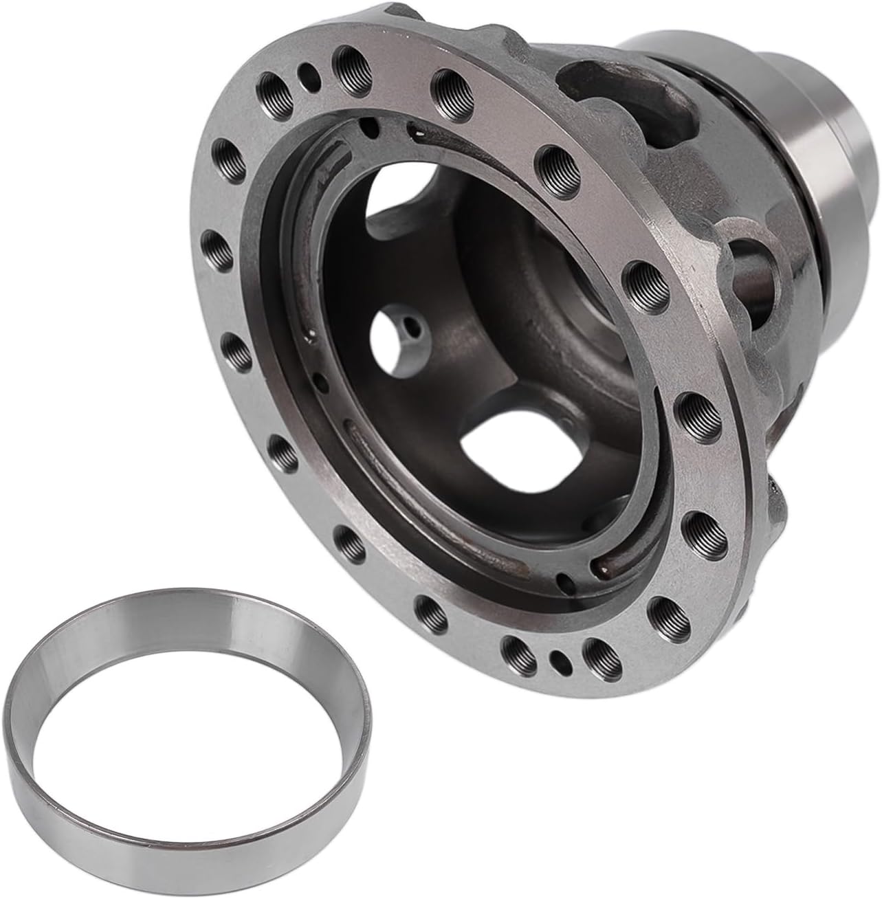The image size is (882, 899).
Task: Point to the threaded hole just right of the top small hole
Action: click(348, 65)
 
